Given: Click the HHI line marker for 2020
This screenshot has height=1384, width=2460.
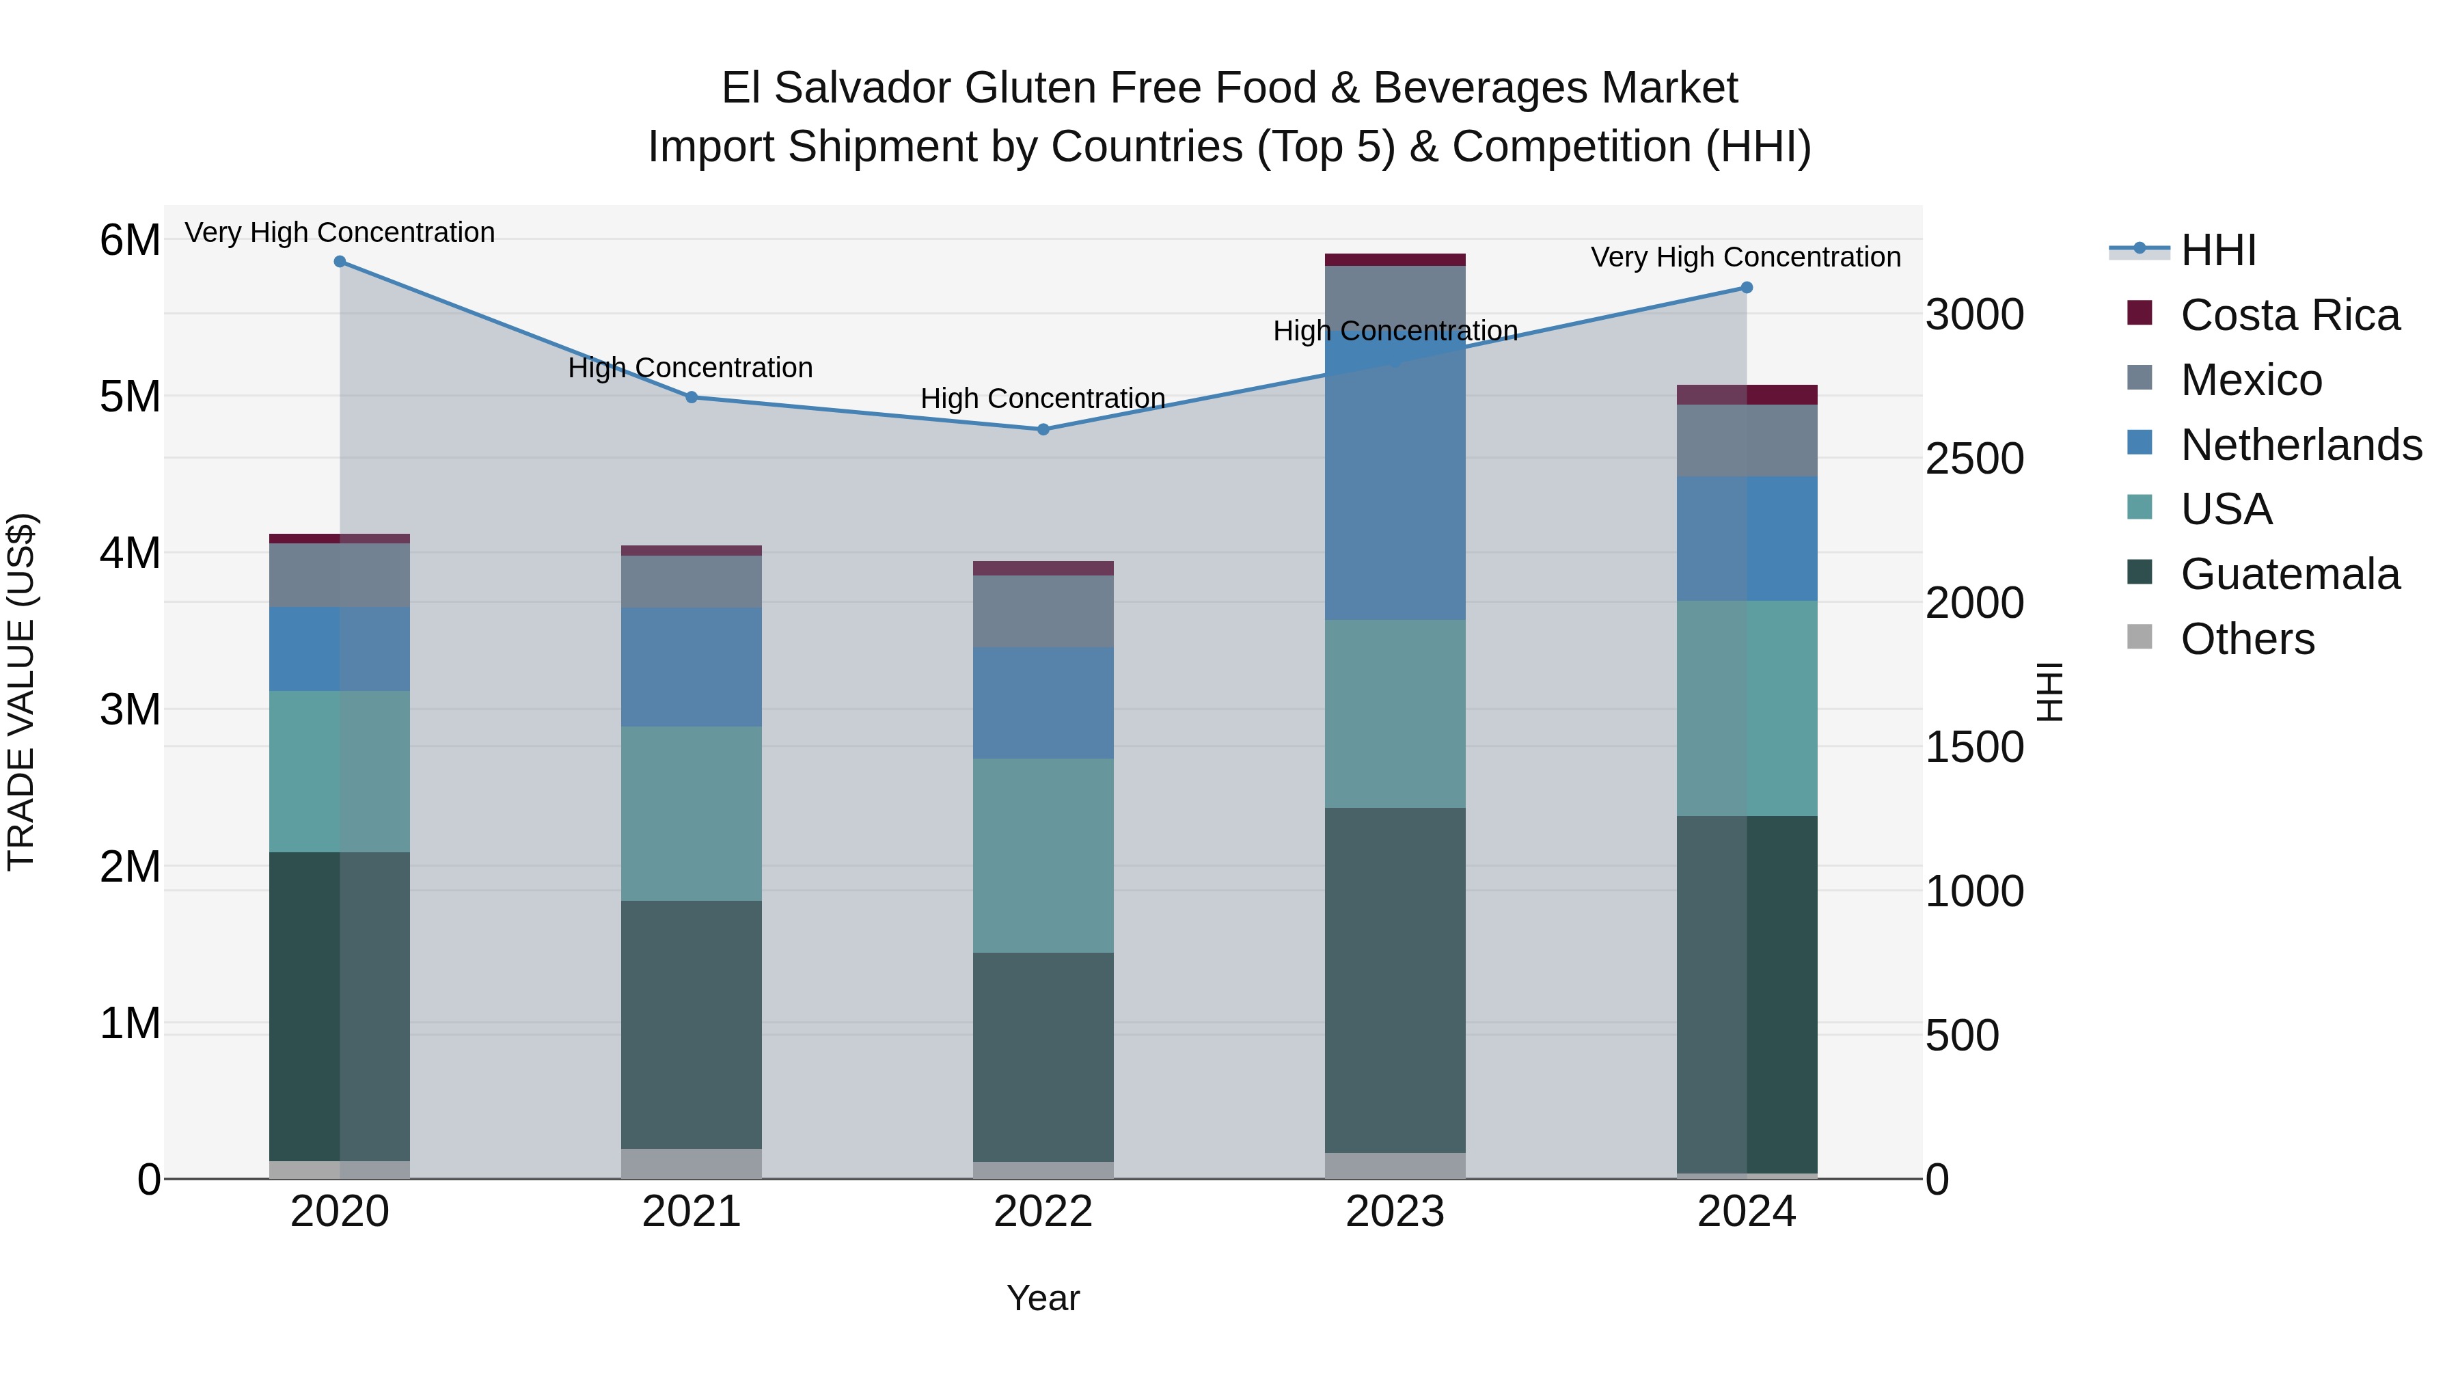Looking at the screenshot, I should pos(340,262).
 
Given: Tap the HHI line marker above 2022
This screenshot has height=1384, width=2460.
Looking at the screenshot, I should pos(1043,430).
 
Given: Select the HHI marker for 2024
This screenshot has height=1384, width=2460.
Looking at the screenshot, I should pos(1747,288).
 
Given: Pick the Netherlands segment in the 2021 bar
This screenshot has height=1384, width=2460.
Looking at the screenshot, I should pos(692,666).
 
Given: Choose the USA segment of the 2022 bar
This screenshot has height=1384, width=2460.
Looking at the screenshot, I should pos(1043,855).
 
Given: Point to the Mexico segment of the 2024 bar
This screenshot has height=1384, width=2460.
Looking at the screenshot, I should pos(1747,440).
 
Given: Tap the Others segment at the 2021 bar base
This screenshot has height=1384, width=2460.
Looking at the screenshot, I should pos(692,1163).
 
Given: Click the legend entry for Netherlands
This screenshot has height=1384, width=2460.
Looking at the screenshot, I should pos(2301,445).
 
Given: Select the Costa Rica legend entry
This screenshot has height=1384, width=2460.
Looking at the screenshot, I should pos(2289,315).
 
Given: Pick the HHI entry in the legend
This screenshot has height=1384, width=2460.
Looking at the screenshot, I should pos(2217,250).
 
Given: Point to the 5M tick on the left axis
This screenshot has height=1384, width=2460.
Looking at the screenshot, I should pos(130,396).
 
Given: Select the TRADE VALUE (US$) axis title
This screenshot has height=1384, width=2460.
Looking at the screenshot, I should pos(22,692).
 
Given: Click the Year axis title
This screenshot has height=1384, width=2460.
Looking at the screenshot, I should pos(1043,1298).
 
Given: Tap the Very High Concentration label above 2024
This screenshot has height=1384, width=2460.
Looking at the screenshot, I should pos(1745,257).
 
